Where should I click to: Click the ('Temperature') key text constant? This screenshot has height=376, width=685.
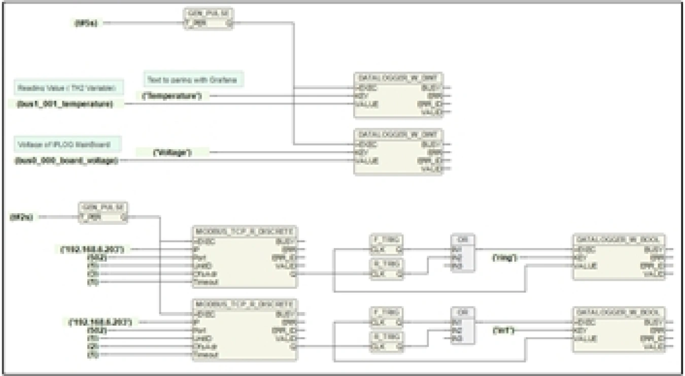[x=172, y=96]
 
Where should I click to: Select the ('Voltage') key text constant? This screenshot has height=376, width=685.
[x=173, y=152]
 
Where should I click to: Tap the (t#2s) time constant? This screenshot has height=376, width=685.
[x=21, y=217]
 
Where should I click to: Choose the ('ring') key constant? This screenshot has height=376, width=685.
[x=505, y=258]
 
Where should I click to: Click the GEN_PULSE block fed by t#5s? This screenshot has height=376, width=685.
[x=209, y=19]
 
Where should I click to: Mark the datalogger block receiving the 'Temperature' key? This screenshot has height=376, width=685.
[x=398, y=95]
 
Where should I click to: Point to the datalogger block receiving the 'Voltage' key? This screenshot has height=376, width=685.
[x=398, y=152]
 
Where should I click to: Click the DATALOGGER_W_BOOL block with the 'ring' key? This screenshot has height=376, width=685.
[x=619, y=257]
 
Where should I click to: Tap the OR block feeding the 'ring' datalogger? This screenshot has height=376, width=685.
[x=463, y=253]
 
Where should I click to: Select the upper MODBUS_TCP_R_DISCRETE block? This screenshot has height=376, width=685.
[x=245, y=258]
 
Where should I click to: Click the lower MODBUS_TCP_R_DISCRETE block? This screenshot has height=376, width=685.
[x=245, y=330]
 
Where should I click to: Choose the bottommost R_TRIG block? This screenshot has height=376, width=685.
[x=386, y=342]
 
